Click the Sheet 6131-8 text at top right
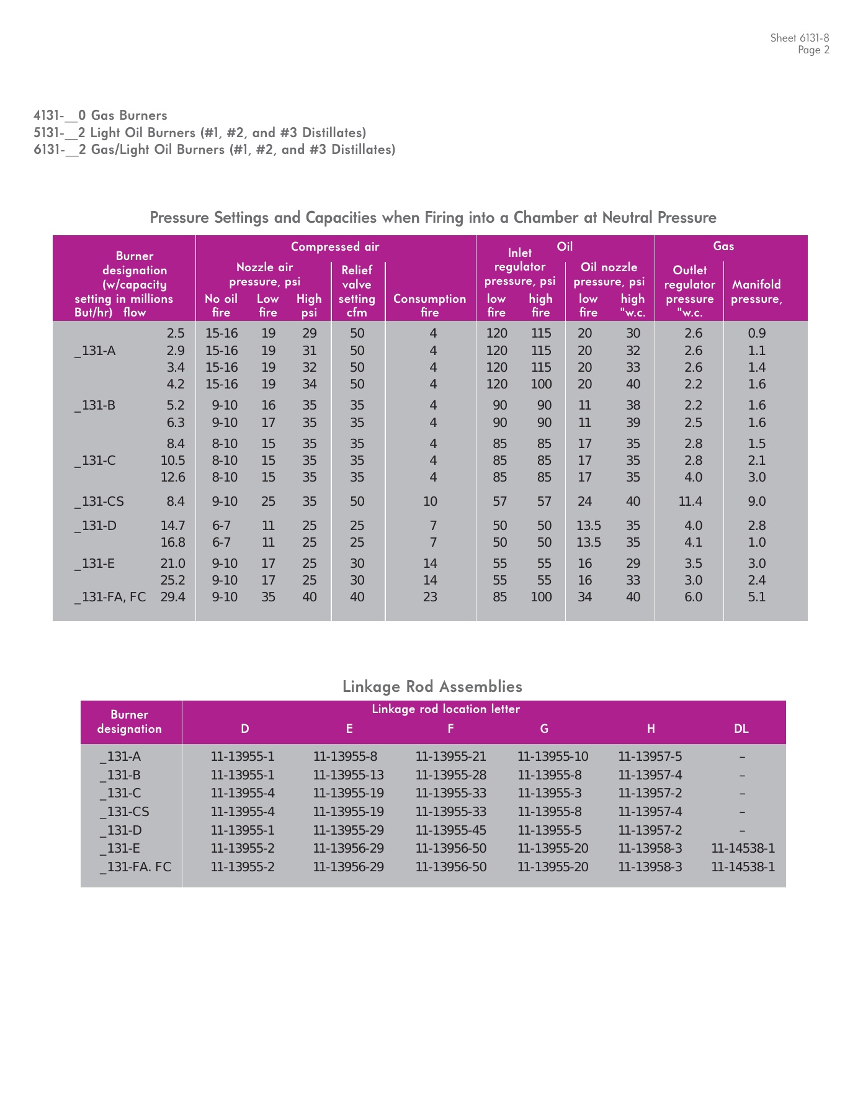tap(799, 38)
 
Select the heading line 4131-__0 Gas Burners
tap(101, 115)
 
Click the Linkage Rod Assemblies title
tap(432, 686)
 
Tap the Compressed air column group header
tap(335, 247)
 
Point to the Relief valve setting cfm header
tap(357, 291)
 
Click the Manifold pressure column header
tap(756, 292)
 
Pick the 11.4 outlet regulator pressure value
tap(690, 501)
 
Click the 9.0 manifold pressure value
tap(756, 501)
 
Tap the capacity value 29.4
tap(172, 597)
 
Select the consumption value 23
tap(430, 597)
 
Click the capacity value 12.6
tap(172, 477)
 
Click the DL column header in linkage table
tap(741, 729)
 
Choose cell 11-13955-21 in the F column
tap(450, 756)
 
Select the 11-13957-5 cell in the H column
tap(650, 756)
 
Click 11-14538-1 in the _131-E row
tap(743, 848)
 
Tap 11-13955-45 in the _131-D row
tap(450, 830)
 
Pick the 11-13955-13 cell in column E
tap(348, 775)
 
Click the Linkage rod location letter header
tap(445, 709)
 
